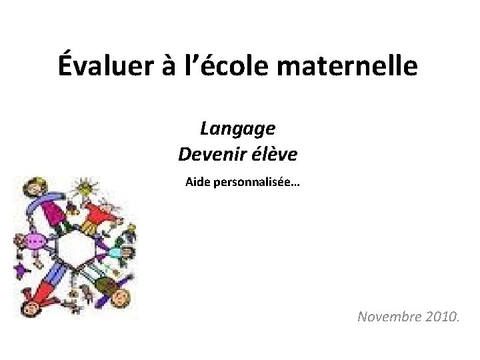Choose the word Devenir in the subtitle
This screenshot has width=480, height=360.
tap(209, 155)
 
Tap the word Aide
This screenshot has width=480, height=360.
tap(197, 181)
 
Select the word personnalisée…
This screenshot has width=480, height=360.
tap(257, 181)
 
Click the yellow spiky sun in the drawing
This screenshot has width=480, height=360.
tap(84, 189)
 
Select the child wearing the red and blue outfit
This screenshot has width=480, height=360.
tap(40, 293)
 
